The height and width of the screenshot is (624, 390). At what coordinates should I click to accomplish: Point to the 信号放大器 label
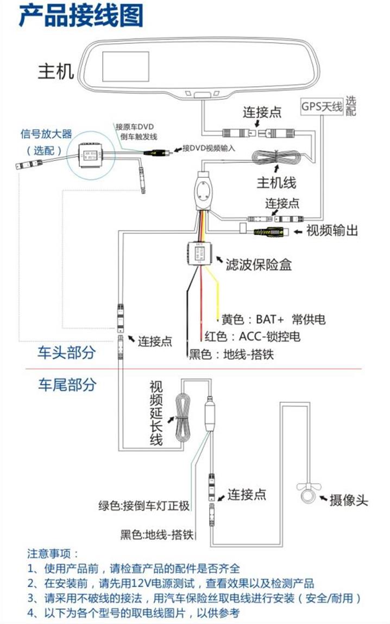(46, 134)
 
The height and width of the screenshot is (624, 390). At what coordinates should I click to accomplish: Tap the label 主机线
(276, 181)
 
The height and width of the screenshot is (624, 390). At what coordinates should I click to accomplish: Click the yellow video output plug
(269, 231)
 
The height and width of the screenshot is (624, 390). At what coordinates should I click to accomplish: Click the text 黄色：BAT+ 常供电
(273, 319)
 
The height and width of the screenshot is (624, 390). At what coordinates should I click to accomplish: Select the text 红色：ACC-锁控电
(253, 337)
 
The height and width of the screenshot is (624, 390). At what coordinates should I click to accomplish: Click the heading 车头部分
(66, 353)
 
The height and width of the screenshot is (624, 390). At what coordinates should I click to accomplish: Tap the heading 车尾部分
(66, 385)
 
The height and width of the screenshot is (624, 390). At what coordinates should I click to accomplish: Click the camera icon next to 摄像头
(307, 493)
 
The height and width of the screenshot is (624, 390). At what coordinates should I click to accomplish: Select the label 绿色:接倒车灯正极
(144, 506)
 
